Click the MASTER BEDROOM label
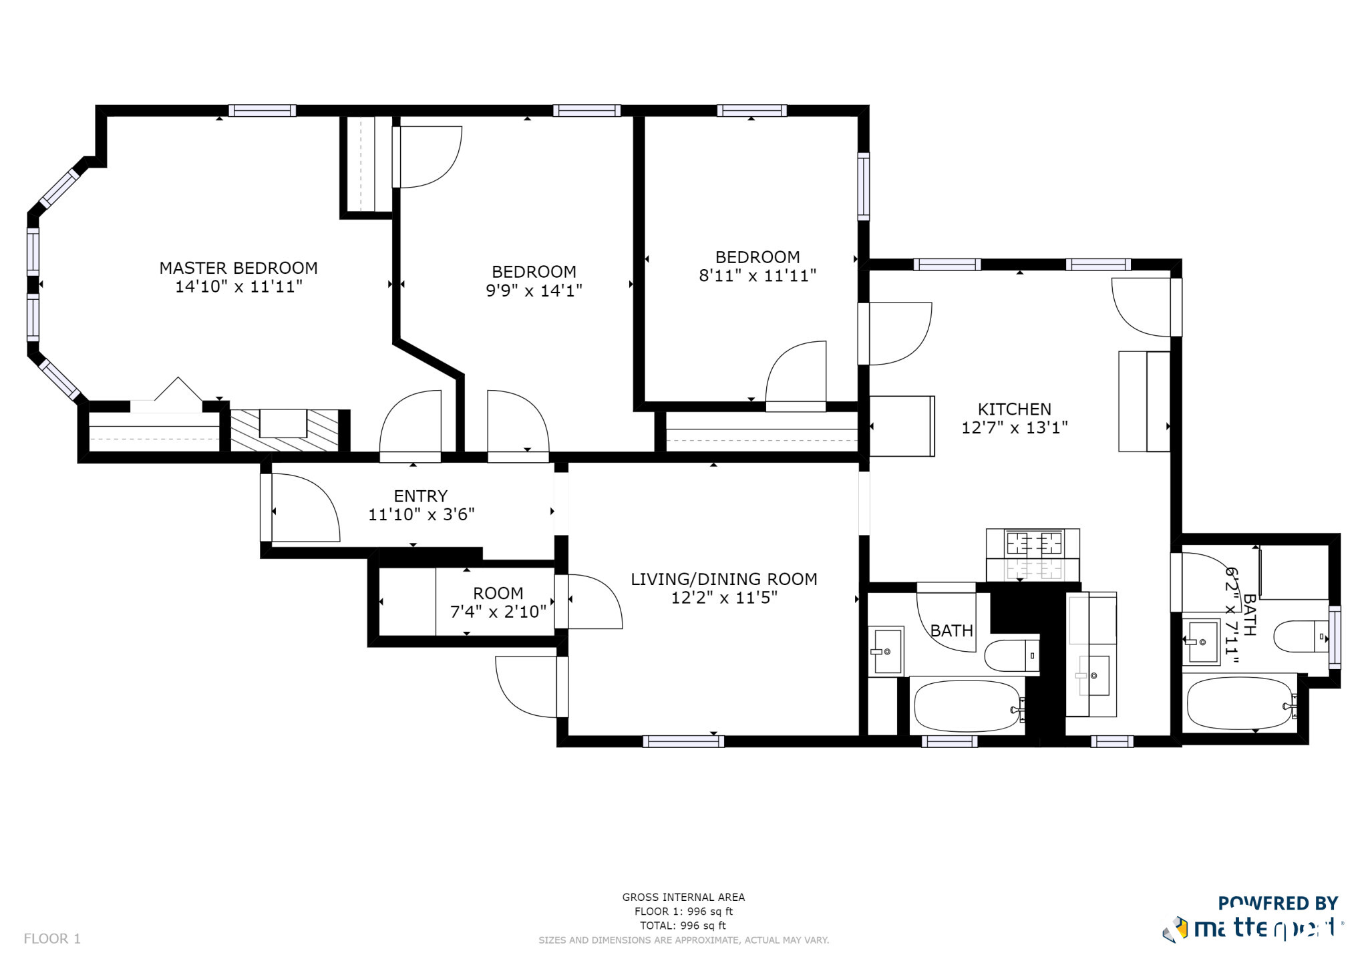(x=238, y=268)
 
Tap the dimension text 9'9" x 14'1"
(x=534, y=291)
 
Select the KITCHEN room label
(x=1014, y=409)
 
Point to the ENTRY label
(x=420, y=496)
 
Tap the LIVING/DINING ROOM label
(x=723, y=579)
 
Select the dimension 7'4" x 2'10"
(x=498, y=612)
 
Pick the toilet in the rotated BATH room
(x=1299, y=636)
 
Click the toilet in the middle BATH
(x=1011, y=655)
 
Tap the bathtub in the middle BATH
(x=967, y=706)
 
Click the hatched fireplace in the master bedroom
(x=285, y=430)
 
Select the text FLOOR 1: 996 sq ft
(x=683, y=912)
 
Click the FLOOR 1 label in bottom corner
(x=52, y=938)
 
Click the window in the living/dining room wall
(x=683, y=741)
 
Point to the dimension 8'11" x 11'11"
(x=757, y=276)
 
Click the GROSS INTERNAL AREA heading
(x=683, y=897)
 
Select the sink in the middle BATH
(x=887, y=650)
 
